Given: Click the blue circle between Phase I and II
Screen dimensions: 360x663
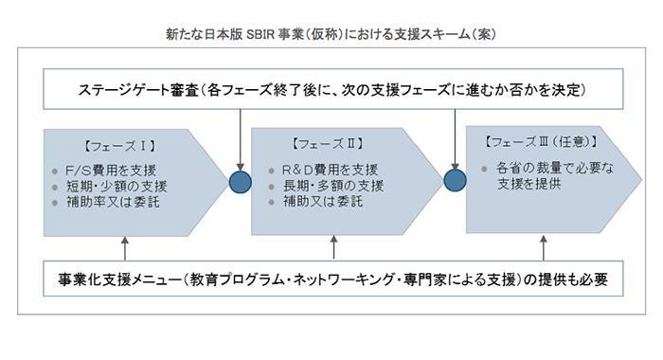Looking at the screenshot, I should tap(241, 181).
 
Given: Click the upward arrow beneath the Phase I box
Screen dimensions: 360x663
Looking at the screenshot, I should tap(125, 248).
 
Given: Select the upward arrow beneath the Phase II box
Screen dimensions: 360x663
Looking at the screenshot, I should tap(333, 248).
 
